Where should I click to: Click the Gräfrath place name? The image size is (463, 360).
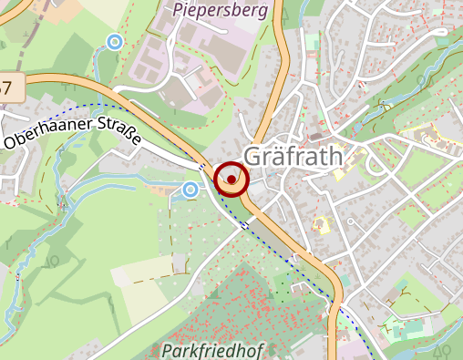click(293, 156)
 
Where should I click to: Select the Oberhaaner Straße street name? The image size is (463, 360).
click(73, 128)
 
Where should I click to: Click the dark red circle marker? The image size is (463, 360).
click(231, 180)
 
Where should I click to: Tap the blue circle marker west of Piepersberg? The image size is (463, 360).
click(114, 41)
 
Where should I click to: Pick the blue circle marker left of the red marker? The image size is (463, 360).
click(190, 189)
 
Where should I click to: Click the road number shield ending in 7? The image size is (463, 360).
click(7, 88)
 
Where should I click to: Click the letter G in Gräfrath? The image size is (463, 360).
click(253, 156)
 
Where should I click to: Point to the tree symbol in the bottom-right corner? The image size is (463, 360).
click(441, 350)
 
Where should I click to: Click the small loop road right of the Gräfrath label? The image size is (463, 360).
click(373, 165)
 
